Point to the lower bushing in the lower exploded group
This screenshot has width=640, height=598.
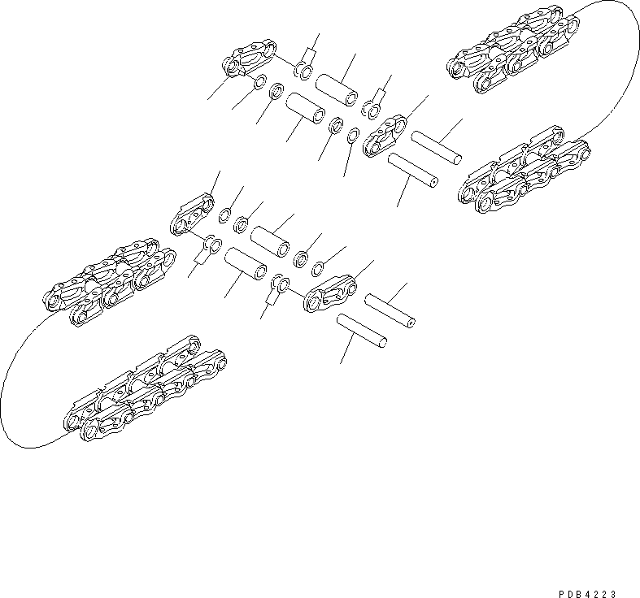[x=246, y=263]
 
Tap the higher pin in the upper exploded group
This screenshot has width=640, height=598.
[x=437, y=146]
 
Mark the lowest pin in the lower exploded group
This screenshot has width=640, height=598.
[x=361, y=332]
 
